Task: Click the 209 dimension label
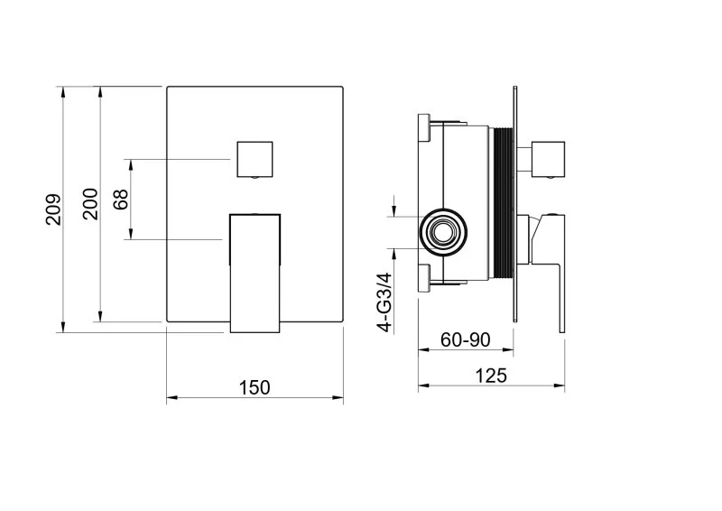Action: pyautogui.click(x=53, y=209)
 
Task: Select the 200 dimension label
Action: pyautogui.click(x=90, y=204)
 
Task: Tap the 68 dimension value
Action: pyautogui.click(x=121, y=199)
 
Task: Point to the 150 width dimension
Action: pyautogui.click(x=255, y=387)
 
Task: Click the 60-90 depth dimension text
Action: pyautogui.click(x=465, y=339)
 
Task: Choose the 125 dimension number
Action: pyautogui.click(x=491, y=376)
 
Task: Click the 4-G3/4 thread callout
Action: pyautogui.click(x=384, y=302)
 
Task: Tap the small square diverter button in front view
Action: pyautogui.click(x=255, y=160)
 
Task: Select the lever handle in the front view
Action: pyautogui.click(x=255, y=273)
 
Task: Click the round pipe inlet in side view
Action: pyautogui.click(x=443, y=231)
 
